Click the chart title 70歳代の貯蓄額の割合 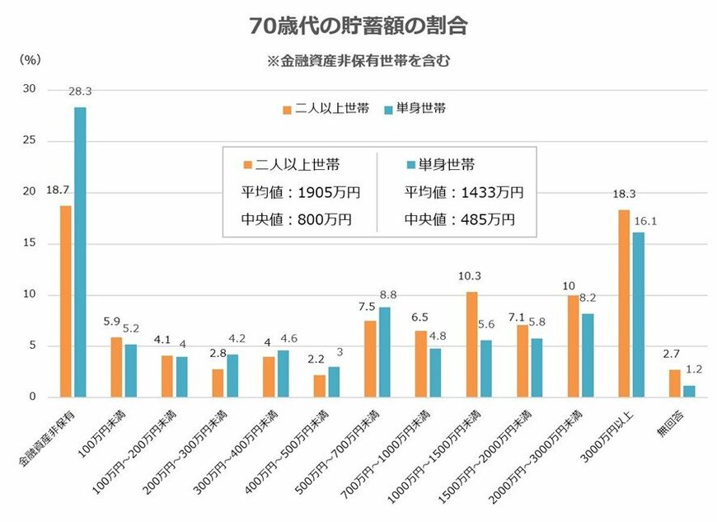[358, 26]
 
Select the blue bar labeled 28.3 [80, 252]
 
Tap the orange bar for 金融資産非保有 [65, 301]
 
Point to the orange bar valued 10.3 [471, 344]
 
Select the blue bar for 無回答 [689, 391]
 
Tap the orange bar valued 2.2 [320, 386]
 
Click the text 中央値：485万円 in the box [459, 219]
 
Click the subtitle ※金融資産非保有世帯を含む [358, 60]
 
